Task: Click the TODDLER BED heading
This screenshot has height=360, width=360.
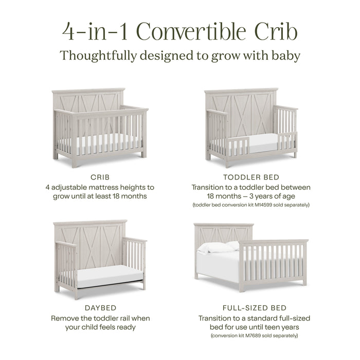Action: point(251,177)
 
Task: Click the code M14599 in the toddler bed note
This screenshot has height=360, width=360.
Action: point(267,205)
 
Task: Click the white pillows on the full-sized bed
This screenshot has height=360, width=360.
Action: point(219,248)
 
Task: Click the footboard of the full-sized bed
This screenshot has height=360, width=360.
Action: point(273,263)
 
